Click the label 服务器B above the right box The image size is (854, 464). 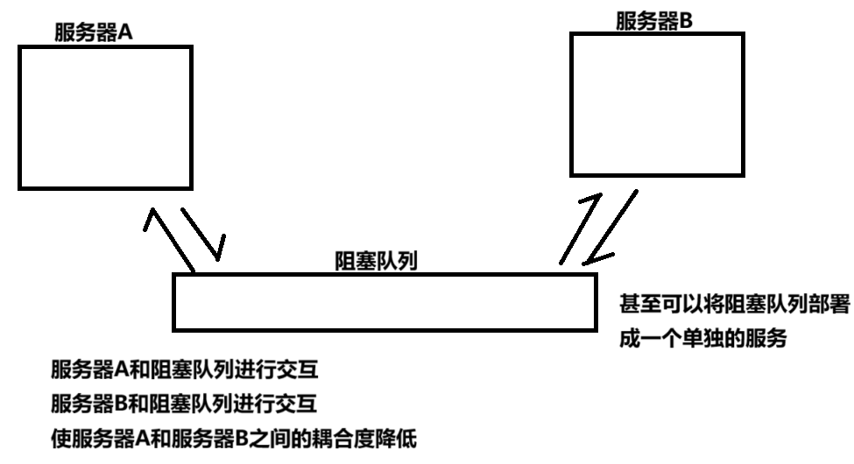click(x=654, y=22)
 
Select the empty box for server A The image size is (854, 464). click(x=105, y=116)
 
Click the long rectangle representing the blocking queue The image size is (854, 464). click(x=384, y=300)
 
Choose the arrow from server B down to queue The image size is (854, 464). click(x=611, y=229)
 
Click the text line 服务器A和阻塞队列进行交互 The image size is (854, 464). click(x=184, y=370)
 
